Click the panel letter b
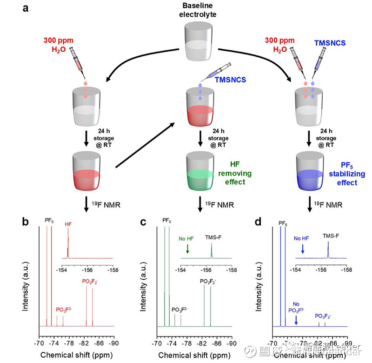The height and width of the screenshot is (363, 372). pos(26,222)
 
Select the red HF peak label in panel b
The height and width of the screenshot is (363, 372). pos(68,223)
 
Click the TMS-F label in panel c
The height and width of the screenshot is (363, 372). pos(214,236)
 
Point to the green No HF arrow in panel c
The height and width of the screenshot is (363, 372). pos(187,249)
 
